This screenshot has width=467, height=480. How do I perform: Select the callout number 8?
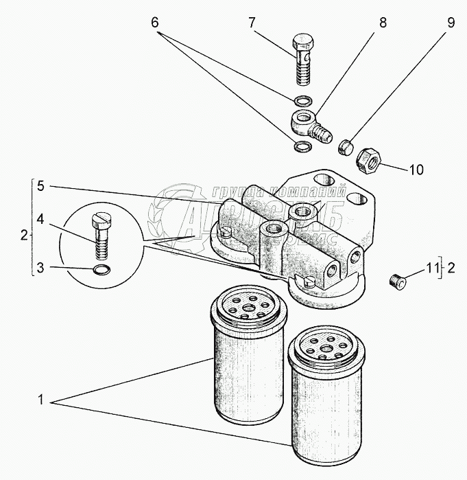tap(383, 21)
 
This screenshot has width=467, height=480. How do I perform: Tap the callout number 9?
tap(451, 21)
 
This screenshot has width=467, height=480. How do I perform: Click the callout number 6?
tap(156, 21)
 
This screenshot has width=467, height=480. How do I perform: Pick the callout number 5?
tap(40, 185)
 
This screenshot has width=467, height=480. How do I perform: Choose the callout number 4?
tap(40, 220)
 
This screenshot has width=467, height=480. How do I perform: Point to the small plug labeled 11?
tap(396, 281)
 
